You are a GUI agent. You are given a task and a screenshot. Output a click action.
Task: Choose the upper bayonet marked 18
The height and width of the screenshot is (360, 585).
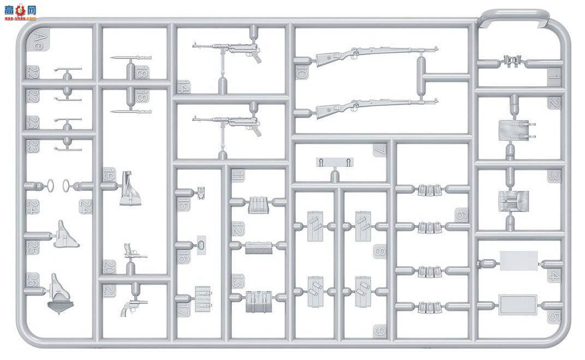tap(130, 57)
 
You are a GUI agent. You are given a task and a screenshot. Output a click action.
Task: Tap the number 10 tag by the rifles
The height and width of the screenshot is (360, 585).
tap(302, 72)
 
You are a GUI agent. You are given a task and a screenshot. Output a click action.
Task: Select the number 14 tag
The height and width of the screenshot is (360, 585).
tap(183, 86)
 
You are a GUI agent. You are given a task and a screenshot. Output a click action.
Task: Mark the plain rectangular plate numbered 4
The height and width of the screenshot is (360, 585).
tap(518, 261)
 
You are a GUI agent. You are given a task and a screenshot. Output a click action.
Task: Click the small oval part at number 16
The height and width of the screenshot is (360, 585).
tap(201, 245)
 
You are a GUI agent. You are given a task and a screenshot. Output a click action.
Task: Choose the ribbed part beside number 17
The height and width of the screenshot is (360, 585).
tap(203, 299)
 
